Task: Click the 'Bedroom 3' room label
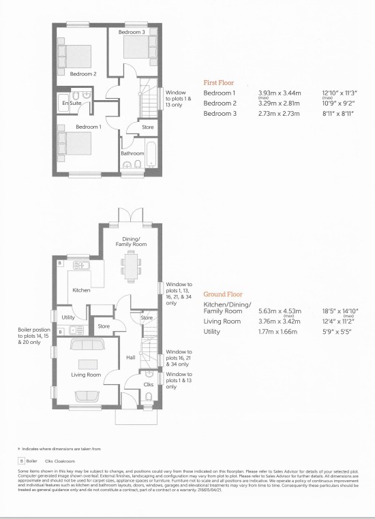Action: pyautogui.click(x=132, y=32)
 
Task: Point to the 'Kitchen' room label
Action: pyautogui.click(x=81, y=290)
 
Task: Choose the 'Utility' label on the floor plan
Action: pyautogui.click(x=68, y=317)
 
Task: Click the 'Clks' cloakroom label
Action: pyautogui.click(x=149, y=385)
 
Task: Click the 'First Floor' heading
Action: pyautogui.click(x=218, y=82)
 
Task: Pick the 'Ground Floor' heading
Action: pyautogui.click(x=222, y=294)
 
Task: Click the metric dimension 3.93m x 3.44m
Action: pyautogui.click(x=277, y=93)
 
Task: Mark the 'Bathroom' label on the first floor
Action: pyautogui.click(x=132, y=153)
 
